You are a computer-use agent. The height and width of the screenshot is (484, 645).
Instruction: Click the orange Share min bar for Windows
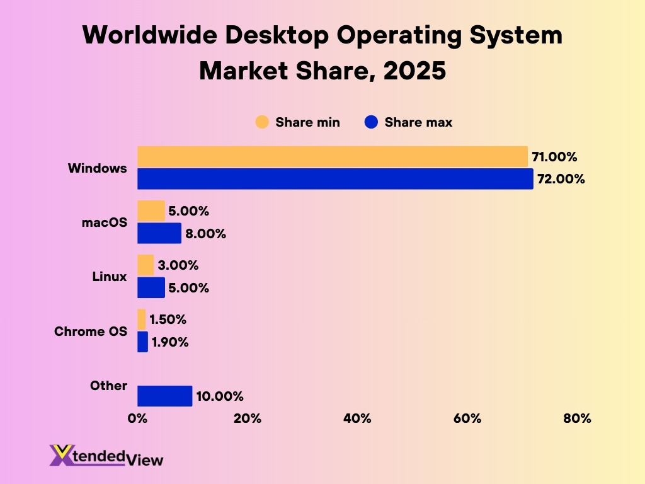332,157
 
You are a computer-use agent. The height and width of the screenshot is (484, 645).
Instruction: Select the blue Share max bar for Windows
335,179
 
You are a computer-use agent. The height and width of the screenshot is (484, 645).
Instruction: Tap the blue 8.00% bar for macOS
159,233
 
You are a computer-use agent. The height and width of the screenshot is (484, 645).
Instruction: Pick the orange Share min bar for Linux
146,265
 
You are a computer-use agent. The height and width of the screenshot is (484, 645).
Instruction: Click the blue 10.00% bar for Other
164,396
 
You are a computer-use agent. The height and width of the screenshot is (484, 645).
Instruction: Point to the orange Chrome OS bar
142,320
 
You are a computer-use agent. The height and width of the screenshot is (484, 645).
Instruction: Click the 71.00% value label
554,157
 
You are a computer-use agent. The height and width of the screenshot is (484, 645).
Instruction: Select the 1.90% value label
170,342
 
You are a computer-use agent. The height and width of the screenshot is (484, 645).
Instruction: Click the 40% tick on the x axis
357,418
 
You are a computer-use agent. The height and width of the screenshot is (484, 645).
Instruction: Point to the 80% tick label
577,418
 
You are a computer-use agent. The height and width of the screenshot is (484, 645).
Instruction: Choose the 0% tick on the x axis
137,418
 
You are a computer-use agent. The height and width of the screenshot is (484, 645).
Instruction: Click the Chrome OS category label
91,331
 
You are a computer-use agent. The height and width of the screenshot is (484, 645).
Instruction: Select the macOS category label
105,222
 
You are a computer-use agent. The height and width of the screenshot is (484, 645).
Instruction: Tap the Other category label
108,386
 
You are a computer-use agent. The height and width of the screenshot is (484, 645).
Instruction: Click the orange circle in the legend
262,122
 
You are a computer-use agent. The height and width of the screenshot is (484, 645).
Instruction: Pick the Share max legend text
418,122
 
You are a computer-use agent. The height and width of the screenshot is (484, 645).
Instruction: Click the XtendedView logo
106,456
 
